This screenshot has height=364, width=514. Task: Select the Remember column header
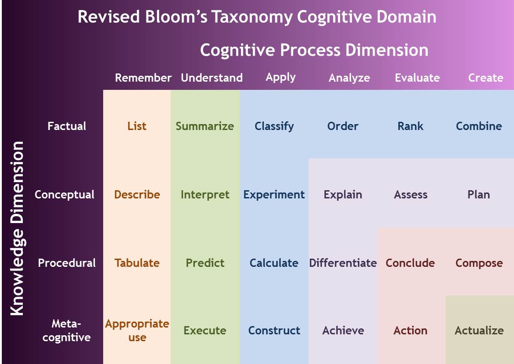[x=143, y=78]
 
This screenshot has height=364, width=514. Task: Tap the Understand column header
[x=211, y=78]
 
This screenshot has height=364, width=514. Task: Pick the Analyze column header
[x=349, y=78]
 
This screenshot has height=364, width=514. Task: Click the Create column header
[x=485, y=78]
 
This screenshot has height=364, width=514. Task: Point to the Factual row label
[x=67, y=126]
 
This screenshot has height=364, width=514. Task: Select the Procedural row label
[x=67, y=263]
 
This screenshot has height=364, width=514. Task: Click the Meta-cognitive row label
[x=66, y=330]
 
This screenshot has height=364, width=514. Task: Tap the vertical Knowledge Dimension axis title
[x=17, y=228]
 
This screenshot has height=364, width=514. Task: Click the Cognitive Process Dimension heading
[x=314, y=50]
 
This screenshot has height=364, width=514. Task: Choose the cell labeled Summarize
[x=205, y=126]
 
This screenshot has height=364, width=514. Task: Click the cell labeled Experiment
[x=274, y=194]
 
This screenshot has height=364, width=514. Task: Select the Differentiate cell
[x=343, y=263]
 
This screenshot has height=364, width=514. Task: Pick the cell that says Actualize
[x=479, y=330]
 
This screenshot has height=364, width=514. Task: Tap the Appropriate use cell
[x=137, y=330]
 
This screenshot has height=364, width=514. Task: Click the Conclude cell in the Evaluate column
[x=410, y=263]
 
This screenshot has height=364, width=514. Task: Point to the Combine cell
[x=479, y=126]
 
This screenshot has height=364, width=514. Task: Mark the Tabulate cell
[x=137, y=263]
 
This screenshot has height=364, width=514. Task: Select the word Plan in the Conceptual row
[x=478, y=194]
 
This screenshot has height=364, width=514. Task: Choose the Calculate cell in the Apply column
[x=274, y=263]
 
